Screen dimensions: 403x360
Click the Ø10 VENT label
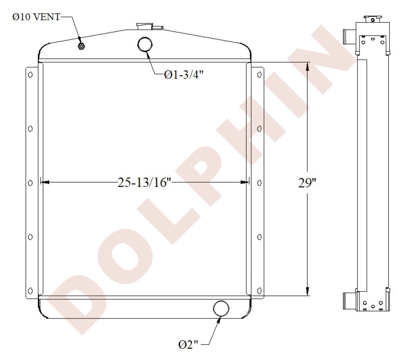coord(36,17)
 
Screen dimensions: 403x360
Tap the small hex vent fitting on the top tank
coord(81,46)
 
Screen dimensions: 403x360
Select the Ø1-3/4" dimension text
coord(184,75)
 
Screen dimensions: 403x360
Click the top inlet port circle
coord(145,44)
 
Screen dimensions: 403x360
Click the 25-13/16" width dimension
coord(144,182)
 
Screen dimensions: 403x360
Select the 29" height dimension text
coord(307,182)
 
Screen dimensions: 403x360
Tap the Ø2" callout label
coord(188,344)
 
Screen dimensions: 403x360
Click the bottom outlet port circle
coord(221,308)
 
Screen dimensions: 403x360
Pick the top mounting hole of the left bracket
coord(30,75)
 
